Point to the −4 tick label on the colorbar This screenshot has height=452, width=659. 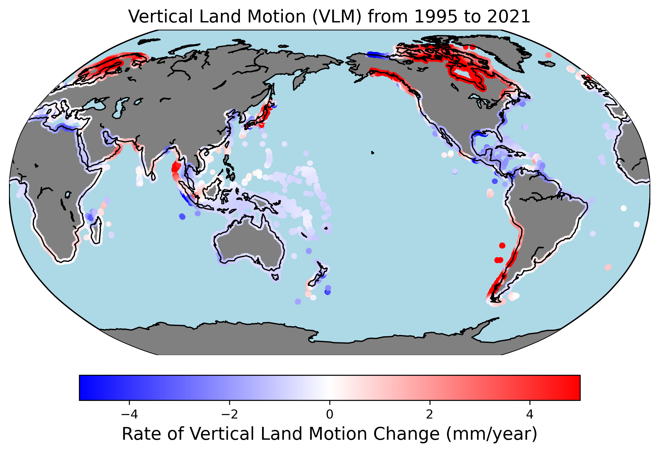click(129, 414)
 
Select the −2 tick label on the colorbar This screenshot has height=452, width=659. click(229, 414)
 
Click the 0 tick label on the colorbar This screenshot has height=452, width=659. click(330, 414)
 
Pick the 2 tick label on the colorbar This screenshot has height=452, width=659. click(430, 414)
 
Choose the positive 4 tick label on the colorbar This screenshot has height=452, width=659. click(530, 414)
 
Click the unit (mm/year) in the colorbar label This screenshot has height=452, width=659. click(491, 434)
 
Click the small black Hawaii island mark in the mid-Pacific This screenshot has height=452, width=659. click(372, 153)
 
